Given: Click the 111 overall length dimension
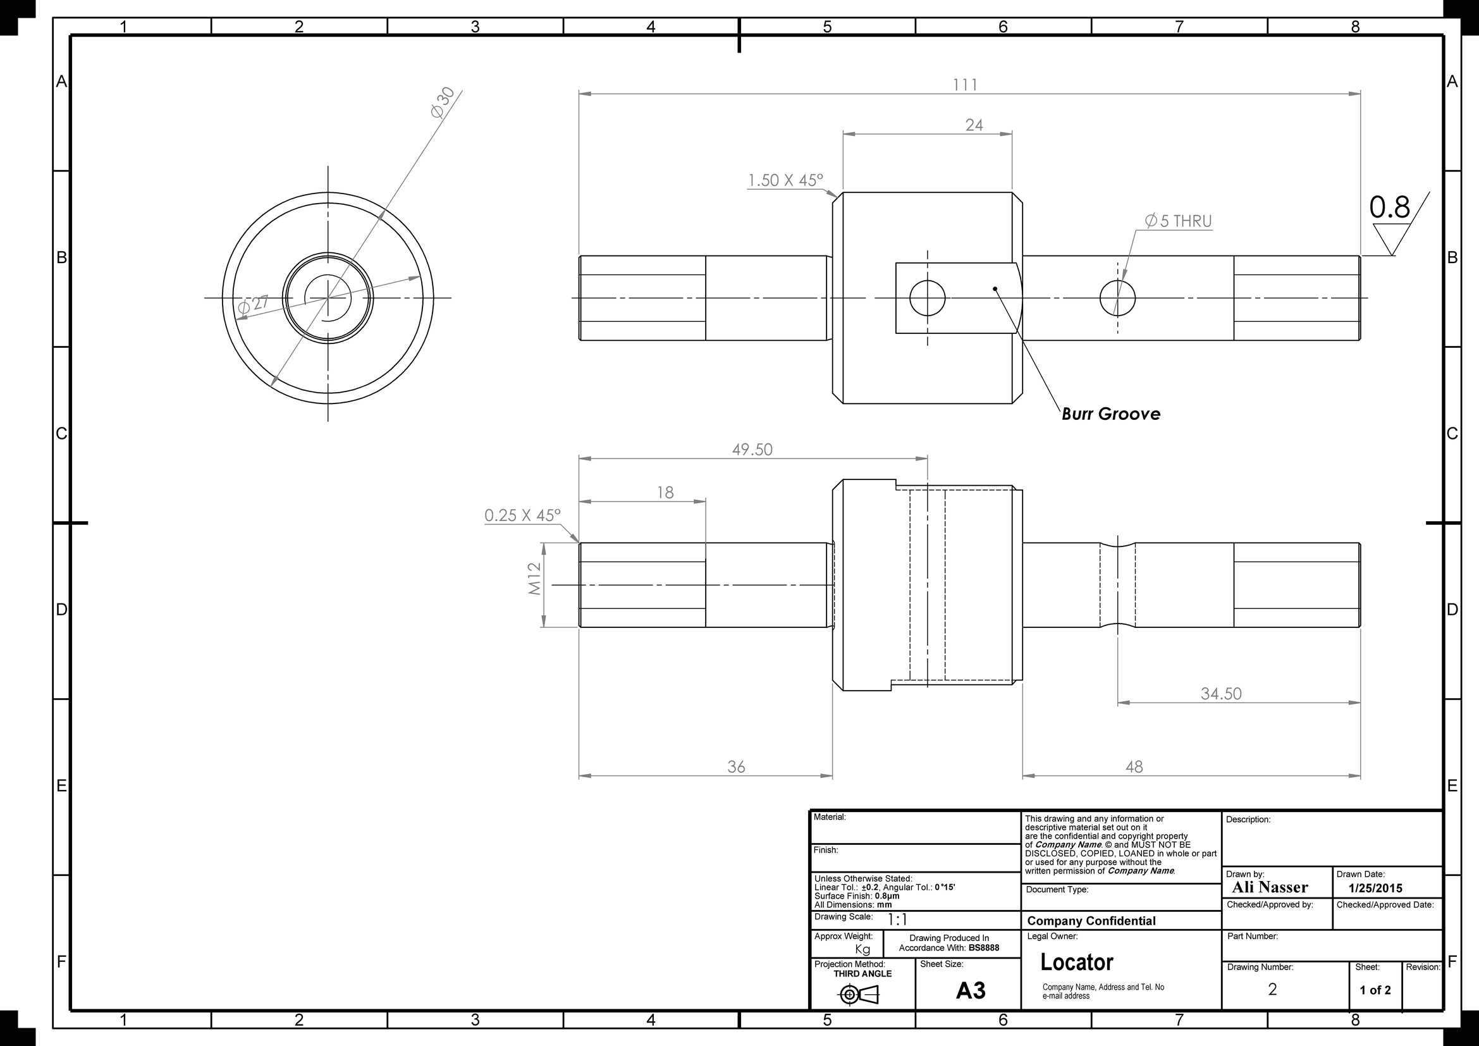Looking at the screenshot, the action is (x=965, y=84).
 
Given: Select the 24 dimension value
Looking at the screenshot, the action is (x=974, y=125).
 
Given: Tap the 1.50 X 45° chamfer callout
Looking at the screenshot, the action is (x=785, y=180).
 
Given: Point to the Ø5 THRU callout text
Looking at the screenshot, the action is (x=1178, y=221).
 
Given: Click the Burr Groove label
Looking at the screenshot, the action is (x=1111, y=414).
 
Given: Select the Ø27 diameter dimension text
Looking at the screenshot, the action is (x=253, y=305).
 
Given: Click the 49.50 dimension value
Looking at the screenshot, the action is (x=752, y=449).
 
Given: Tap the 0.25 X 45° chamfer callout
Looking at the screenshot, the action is (x=522, y=515).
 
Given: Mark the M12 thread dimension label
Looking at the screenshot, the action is (x=535, y=579).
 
